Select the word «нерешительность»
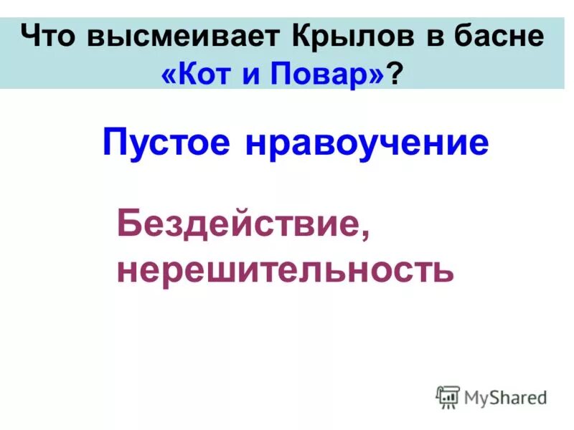(x=285, y=269)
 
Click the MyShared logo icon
(x=448, y=397)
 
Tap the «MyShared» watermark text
(x=506, y=396)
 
